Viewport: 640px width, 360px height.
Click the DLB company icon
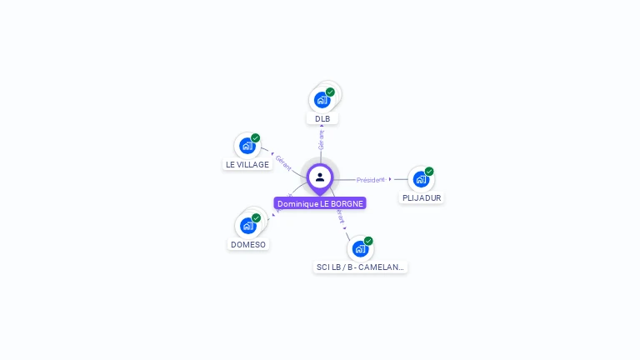(x=322, y=100)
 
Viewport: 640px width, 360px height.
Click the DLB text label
(x=322, y=119)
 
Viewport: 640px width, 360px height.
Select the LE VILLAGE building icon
(x=247, y=146)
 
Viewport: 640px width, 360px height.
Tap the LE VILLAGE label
(x=247, y=165)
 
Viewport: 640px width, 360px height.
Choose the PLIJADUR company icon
(x=421, y=179)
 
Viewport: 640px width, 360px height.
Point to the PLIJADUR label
(x=422, y=198)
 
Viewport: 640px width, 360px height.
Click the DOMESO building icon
(x=247, y=225)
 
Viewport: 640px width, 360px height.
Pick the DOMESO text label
(x=248, y=245)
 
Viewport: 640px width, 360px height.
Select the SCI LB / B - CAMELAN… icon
(x=359, y=248)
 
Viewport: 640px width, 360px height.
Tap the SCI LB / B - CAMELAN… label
(x=360, y=267)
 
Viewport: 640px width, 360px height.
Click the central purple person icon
(x=320, y=177)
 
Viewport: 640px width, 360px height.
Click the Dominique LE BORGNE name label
(x=320, y=203)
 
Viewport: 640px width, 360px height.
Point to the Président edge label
(x=371, y=180)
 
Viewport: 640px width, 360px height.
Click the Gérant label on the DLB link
(x=322, y=140)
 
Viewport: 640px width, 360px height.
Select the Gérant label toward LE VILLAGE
(x=283, y=162)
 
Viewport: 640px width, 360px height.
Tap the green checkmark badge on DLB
(x=331, y=92)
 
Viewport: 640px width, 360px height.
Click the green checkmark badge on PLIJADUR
(x=429, y=172)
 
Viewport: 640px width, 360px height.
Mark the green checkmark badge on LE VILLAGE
(x=256, y=138)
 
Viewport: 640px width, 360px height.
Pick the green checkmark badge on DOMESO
(x=256, y=218)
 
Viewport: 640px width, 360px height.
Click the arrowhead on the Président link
(x=390, y=179)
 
